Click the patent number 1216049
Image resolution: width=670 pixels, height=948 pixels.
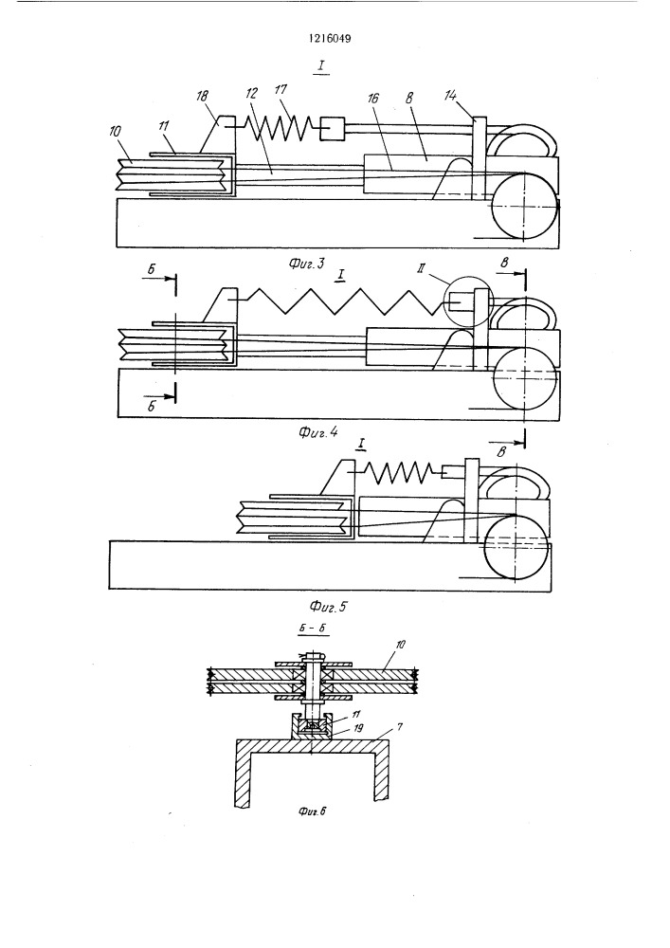coord(330,39)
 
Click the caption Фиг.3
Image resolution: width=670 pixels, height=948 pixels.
coord(306,263)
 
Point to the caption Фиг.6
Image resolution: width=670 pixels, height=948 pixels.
coord(312,811)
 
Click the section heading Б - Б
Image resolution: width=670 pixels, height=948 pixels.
coord(314,628)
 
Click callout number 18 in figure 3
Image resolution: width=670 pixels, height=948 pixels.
coord(203,97)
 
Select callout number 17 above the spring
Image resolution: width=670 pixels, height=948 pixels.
coord(281,90)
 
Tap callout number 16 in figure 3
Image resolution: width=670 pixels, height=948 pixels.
coord(374,98)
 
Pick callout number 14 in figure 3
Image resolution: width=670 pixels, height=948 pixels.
coord(450,96)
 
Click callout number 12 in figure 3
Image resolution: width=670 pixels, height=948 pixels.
coord(252,93)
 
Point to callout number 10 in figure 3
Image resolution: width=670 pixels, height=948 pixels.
coord(117,131)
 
